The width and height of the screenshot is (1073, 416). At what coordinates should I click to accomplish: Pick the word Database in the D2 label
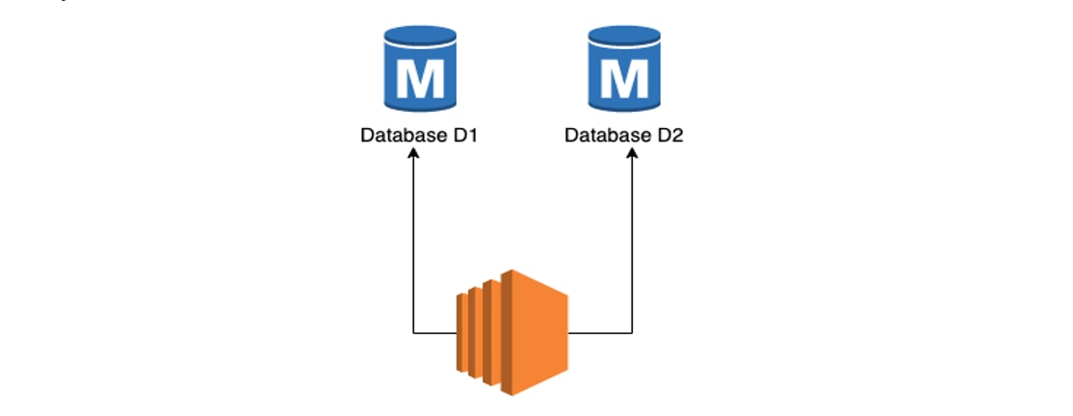pyautogui.click(x=607, y=135)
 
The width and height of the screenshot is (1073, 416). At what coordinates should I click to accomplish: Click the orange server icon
pyautogui.click(x=513, y=332)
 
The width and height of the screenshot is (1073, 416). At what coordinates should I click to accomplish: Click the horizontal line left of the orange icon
pyautogui.click(x=435, y=333)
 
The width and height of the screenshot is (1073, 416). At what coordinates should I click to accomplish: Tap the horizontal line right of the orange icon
pyautogui.click(x=601, y=333)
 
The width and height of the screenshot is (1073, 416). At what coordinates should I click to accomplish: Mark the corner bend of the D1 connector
pyautogui.click(x=413, y=333)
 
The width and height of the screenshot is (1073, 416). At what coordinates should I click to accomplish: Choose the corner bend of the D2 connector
pyautogui.click(x=632, y=333)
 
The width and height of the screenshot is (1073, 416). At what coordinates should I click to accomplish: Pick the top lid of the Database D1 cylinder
pyautogui.click(x=419, y=37)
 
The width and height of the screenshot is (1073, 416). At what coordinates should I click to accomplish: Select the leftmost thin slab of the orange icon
pyautogui.click(x=462, y=332)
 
